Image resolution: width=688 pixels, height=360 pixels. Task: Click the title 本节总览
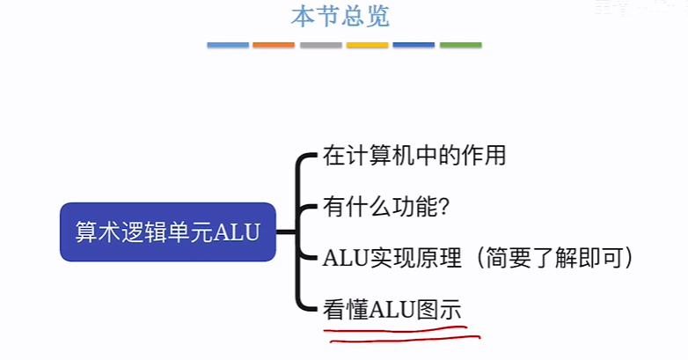340,17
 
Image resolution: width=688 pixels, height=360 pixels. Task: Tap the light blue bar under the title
228,44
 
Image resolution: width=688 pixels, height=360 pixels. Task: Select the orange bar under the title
274,44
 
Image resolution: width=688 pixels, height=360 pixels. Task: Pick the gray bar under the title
320,44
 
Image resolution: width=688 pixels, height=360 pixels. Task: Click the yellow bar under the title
367,44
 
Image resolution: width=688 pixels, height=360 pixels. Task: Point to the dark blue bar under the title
414,44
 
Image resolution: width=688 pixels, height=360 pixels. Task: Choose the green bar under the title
460,44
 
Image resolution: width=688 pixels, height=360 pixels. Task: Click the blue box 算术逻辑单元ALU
168,232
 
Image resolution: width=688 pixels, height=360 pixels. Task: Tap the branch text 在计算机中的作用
414,157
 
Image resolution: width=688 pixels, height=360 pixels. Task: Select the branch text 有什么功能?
388,208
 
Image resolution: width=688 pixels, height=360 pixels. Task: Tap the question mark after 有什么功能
445,209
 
